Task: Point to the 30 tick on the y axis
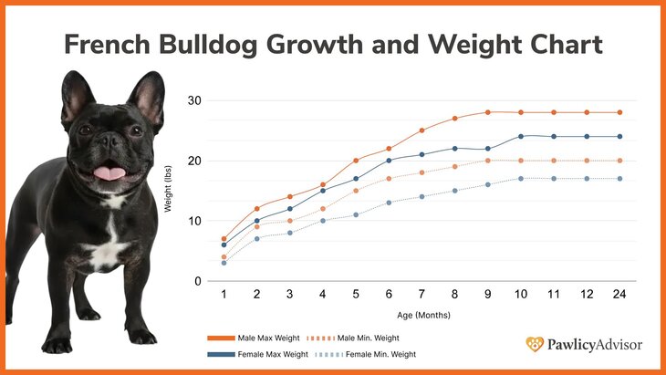coord(194,100)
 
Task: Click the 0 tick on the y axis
coord(197,282)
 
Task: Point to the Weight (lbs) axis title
coord(169,191)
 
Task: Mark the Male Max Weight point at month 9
coord(488,112)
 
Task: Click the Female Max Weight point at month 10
coord(521,137)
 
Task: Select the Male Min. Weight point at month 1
coord(224,257)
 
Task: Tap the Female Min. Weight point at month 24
coord(620,179)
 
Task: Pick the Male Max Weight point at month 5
coord(356,161)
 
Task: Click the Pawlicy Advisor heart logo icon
coord(535,345)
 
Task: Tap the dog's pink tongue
coord(110,172)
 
